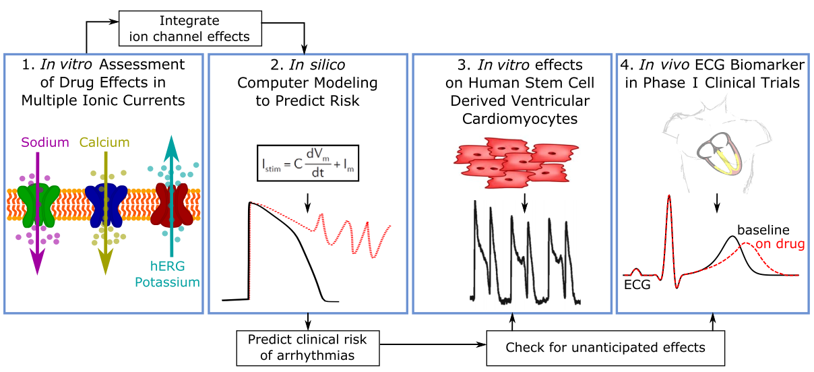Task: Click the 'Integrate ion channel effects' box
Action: pos(190,28)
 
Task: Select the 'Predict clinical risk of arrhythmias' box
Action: pos(308,348)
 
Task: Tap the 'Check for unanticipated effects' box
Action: pos(605,348)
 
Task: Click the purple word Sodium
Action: pos(45,142)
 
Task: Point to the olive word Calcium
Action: pos(104,142)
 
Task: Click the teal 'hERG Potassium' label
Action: pos(167,274)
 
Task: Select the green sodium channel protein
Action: pos(38,206)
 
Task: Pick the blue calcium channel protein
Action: pos(106,206)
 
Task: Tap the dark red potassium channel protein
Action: pos(172,206)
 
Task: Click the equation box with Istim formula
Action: pos(308,163)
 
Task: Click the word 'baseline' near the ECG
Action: pos(763,230)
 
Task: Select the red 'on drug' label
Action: pos(780,244)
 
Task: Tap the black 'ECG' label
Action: pos(637,285)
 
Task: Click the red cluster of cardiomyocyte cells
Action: pos(516,163)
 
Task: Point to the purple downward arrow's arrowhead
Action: pos(38,261)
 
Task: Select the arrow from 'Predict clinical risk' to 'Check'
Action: pos(433,344)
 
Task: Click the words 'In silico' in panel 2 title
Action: pos(317,65)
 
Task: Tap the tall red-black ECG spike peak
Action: pos(669,196)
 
